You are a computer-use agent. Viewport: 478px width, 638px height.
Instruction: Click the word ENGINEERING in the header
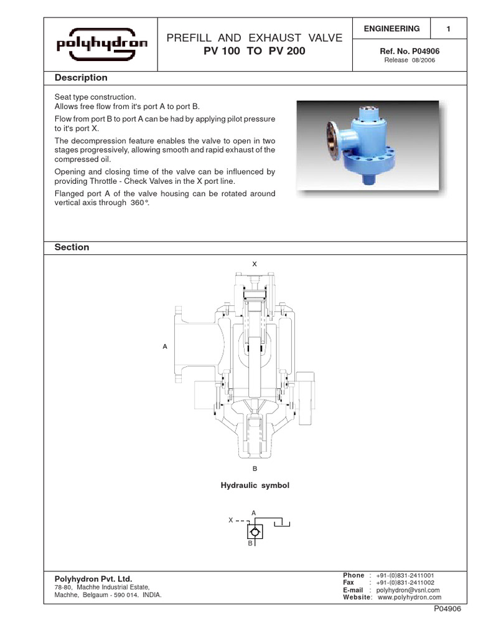point(392,29)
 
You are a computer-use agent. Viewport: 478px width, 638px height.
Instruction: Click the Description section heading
point(81,78)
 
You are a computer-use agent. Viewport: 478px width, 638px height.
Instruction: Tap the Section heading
point(72,247)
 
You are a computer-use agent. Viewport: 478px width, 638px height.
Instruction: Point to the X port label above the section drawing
point(254,265)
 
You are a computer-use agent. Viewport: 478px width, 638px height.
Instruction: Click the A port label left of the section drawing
point(165,345)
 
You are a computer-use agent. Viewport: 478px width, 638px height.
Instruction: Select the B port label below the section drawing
point(254,467)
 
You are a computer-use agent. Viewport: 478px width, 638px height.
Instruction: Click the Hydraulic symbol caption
point(255,485)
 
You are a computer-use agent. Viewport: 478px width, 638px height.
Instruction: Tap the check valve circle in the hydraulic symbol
point(254,532)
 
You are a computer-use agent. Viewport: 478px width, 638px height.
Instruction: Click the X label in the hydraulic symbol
point(231,519)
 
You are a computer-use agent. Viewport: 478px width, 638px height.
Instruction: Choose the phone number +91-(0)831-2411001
point(405,575)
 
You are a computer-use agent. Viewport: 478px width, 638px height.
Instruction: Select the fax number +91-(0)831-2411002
point(405,583)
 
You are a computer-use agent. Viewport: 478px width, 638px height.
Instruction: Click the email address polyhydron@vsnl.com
point(408,590)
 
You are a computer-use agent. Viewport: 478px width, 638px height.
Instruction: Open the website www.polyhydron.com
point(408,597)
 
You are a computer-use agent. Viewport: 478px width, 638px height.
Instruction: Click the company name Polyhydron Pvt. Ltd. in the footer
point(93,579)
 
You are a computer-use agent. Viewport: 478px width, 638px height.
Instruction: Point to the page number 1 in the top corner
point(448,29)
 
